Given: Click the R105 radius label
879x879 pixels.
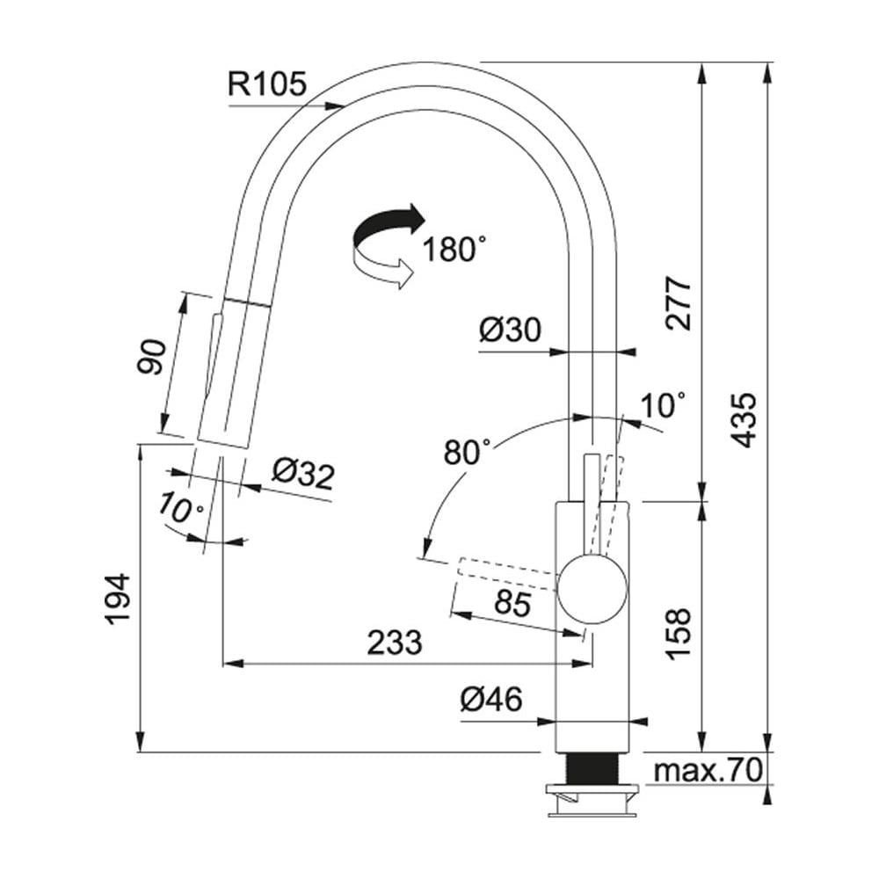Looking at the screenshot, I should tap(266, 84).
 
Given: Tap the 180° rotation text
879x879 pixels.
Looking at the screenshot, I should tap(454, 250).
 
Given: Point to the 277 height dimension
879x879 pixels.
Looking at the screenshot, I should tap(679, 302).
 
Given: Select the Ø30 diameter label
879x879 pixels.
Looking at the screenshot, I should tap(510, 331).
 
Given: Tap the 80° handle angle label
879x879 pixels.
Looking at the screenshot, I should tap(467, 452).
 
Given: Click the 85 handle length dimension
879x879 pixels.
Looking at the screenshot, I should tap(513, 604).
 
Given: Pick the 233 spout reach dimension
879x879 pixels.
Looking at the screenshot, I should tap(395, 643).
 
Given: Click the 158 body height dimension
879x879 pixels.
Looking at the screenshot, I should tap(679, 634).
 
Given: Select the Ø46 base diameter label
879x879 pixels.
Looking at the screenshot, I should tap(491, 700).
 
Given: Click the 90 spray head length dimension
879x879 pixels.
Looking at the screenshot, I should tap(151, 356).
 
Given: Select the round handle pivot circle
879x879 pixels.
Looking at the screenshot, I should tap(592, 588).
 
